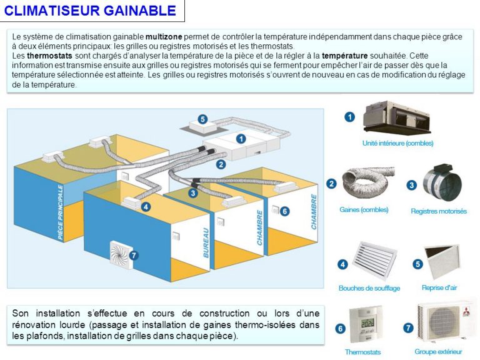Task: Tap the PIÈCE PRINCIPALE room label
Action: coord(61,212)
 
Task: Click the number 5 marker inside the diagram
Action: coord(202,119)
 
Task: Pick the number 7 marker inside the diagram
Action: coord(133,255)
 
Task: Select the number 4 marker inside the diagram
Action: coord(146,206)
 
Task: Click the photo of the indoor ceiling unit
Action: coord(397,116)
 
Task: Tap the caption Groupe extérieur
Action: coord(438,352)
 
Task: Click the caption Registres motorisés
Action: coord(438,211)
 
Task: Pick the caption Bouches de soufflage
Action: coord(369,288)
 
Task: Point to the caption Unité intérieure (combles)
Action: coord(397,143)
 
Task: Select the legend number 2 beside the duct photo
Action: coord(332,184)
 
